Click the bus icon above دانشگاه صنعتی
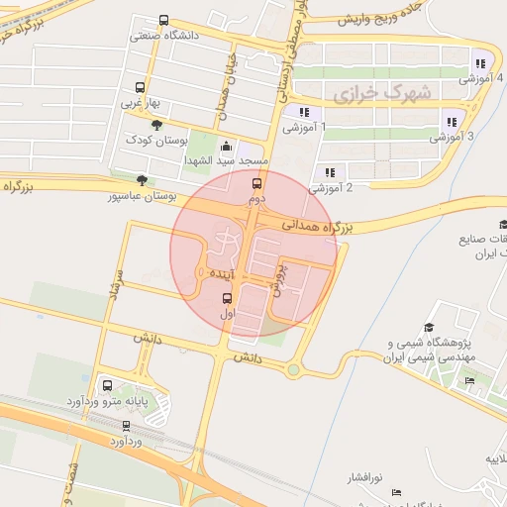pos(163,20)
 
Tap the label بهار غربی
pos(139,102)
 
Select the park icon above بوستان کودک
pos(156,123)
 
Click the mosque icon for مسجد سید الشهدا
pos(227,146)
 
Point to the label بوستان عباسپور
pos(142,197)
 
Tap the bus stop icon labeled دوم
pos(257,183)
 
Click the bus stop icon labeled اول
pos(228,298)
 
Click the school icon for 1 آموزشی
pos(304,112)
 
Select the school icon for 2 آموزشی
pos(328,171)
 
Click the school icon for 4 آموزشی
pos(480,63)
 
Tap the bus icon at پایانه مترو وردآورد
pos(107,387)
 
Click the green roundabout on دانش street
pos(294,371)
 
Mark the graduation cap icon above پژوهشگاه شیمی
pos(429,328)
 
